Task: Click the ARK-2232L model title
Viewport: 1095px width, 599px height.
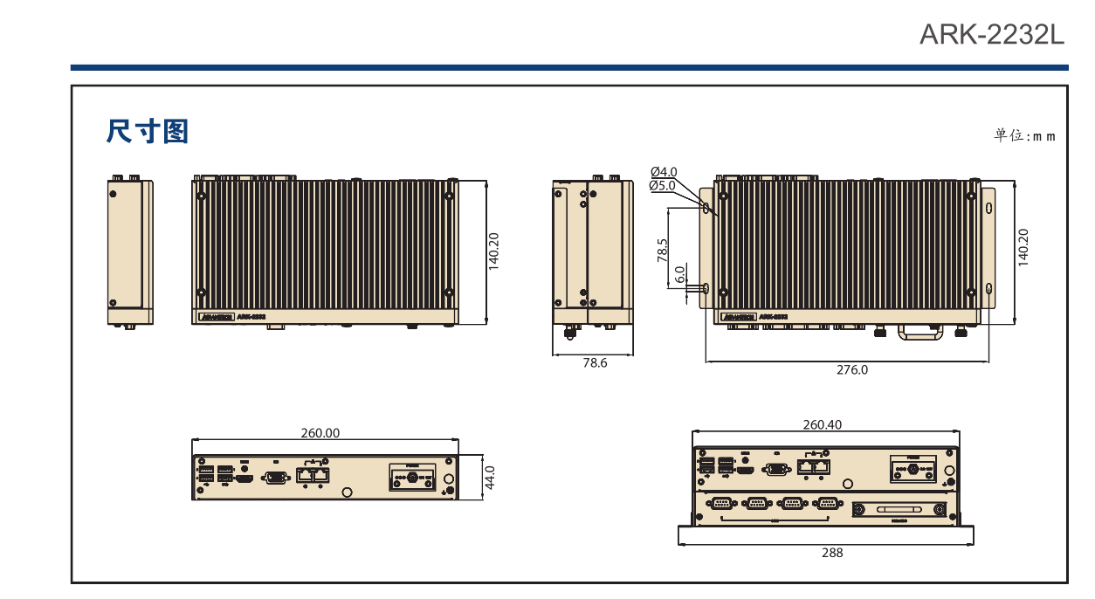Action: [993, 35]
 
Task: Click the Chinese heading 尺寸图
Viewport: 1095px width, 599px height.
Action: [148, 132]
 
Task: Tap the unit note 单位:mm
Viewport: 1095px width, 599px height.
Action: [1024, 135]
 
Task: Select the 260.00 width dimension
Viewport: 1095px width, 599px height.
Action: [320, 432]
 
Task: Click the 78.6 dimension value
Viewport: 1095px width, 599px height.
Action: [595, 363]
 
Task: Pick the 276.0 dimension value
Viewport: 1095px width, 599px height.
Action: [852, 369]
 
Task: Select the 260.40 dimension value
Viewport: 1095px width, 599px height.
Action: [823, 424]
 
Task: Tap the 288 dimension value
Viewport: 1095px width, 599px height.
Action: [832, 553]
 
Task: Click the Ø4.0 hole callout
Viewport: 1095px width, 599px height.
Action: [664, 172]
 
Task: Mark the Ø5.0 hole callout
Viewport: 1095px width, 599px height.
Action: [663, 185]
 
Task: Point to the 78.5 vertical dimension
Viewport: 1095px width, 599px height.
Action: [662, 251]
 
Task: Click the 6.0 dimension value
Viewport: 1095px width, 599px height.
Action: [680, 275]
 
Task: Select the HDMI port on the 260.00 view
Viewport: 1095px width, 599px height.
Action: [246, 479]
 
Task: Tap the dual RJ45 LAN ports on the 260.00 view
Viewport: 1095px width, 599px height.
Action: [313, 475]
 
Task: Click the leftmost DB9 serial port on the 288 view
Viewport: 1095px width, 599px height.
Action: [721, 503]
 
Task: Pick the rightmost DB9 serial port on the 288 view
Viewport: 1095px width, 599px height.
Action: [826, 503]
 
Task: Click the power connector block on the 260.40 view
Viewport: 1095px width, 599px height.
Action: [913, 470]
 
